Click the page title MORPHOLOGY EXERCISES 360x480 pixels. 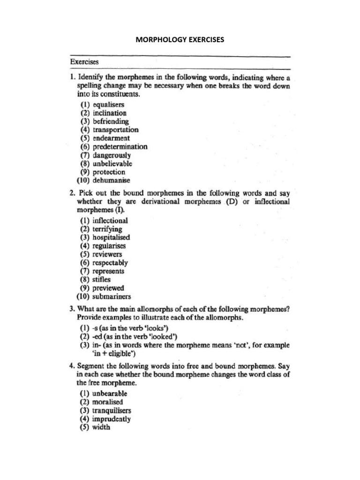click(180, 40)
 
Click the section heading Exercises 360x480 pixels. click(84, 61)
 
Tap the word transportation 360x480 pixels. click(116, 130)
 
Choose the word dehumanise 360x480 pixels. click(112, 180)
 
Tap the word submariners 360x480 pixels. click(112, 297)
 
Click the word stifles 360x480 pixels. click(103, 280)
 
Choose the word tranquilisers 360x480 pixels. click(113, 411)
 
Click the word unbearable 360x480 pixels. click(110, 394)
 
